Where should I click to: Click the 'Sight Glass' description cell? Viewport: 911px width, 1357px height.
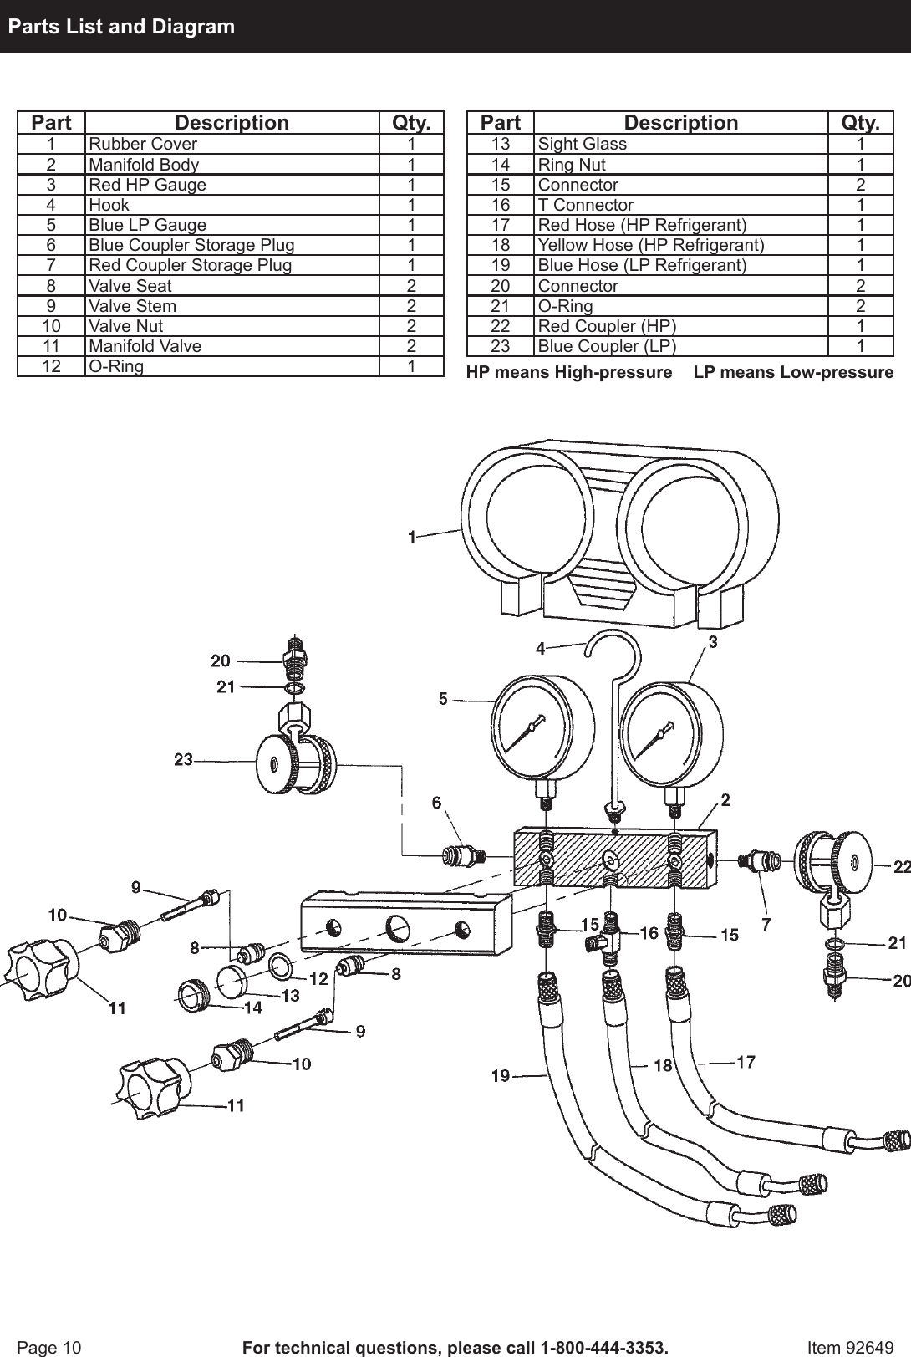582,144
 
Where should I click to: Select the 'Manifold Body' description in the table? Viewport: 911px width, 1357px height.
144,165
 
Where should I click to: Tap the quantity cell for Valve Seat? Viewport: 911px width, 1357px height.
411,285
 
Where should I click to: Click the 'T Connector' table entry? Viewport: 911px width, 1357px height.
585,205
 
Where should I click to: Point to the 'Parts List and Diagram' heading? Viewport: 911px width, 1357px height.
121,27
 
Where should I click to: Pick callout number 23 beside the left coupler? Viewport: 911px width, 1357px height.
183,760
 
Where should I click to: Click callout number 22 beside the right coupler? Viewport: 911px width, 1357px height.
901,867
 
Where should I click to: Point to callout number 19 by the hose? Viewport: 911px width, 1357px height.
500,1076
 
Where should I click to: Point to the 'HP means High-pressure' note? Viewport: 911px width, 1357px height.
568,372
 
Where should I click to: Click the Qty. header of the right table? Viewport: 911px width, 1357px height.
860,123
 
